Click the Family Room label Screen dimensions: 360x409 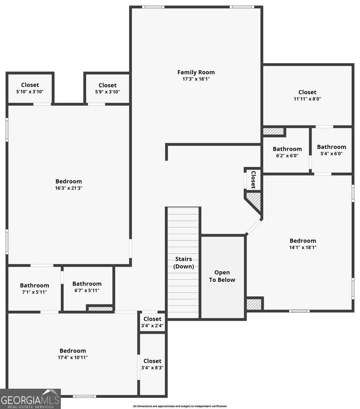(196, 72)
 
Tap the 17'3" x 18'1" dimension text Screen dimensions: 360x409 (196, 79)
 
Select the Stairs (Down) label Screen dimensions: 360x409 (184, 263)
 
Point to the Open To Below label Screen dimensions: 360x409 (222, 276)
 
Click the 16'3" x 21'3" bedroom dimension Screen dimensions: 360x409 (68, 188)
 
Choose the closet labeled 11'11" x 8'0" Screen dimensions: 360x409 (307, 95)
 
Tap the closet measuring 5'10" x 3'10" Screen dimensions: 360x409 (30, 88)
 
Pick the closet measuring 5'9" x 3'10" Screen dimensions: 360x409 (107, 88)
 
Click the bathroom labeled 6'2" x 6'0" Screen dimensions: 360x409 (287, 152)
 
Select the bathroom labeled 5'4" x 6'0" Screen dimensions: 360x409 (331, 150)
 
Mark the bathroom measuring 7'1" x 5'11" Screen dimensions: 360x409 (34, 288)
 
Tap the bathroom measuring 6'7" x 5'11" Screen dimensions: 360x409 (87, 287)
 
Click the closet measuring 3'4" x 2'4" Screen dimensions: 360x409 (152, 322)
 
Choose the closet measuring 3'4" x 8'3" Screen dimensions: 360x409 (152, 364)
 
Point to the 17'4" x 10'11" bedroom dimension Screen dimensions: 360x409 (73, 357)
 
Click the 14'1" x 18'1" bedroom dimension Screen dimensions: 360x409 (303, 247)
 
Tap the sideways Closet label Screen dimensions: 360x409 (253, 180)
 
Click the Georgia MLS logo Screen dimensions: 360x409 (30, 399)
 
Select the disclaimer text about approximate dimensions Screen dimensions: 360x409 (180, 406)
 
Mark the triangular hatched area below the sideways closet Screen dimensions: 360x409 (255, 201)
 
